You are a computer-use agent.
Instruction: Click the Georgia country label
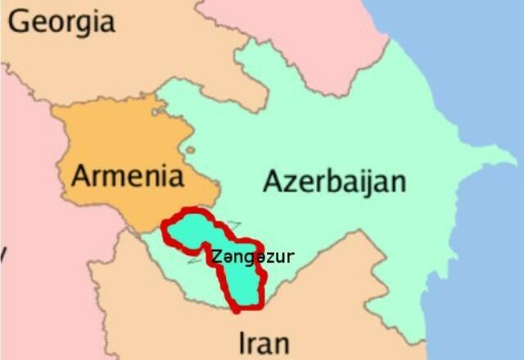pos(61,22)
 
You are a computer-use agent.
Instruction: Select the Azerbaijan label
pos(334,181)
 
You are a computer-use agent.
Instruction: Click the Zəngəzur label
pos(252,257)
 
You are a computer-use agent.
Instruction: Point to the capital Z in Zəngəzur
pos(215,257)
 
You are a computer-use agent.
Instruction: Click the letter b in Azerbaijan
pos(338,180)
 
